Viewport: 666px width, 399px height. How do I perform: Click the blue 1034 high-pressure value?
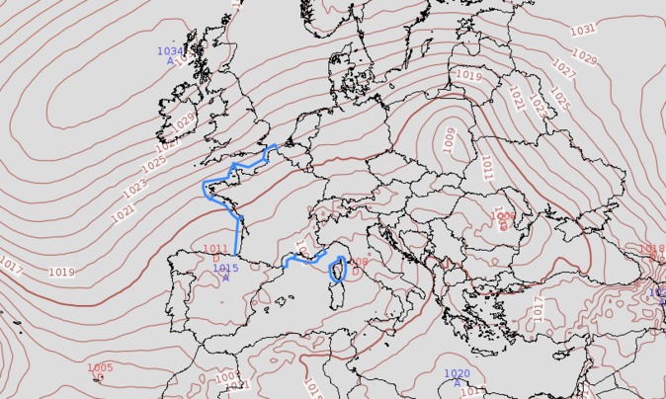[170, 50]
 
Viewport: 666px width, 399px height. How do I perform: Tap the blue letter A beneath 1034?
[170, 61]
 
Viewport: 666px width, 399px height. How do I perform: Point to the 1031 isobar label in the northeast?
[583, 30]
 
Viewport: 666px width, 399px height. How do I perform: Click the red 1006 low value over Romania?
[503, 215]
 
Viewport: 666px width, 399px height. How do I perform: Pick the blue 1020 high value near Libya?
[457, 373]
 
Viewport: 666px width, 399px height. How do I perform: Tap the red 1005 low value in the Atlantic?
[100, 367]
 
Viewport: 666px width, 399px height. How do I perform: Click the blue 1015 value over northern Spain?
[225, 268]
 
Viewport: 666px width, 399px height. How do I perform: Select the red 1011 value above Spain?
[214, 249]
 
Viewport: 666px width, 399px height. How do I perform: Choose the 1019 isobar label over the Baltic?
[468, 76]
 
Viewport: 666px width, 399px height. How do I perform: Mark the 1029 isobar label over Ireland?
[184, 123]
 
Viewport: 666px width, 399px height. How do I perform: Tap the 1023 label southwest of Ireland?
[136, 185]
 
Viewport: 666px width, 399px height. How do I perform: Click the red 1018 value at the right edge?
[651, 249]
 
